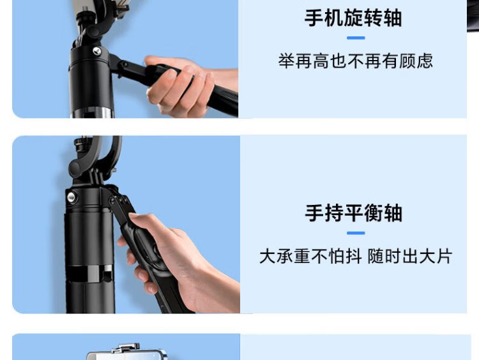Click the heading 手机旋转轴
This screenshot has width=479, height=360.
(353, 18)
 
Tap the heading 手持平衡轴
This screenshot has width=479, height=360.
(353, 213)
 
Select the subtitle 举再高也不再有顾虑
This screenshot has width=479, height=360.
(356, 61)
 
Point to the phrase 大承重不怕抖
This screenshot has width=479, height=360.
(310, 256)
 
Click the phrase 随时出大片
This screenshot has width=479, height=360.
(409, 256)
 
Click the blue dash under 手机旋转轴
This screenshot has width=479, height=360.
(356, 38)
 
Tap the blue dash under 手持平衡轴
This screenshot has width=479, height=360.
(356, 233)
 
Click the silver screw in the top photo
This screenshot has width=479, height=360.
(97, 50)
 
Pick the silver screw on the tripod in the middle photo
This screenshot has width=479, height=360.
(72, 197)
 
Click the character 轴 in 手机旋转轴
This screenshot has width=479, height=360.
(393, 18)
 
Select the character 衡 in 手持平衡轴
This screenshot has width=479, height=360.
(373, 213)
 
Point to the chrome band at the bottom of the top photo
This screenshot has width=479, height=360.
(92, 112)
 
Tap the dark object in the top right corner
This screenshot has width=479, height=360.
(473, 15)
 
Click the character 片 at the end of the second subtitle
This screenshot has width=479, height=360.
(444, 256)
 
